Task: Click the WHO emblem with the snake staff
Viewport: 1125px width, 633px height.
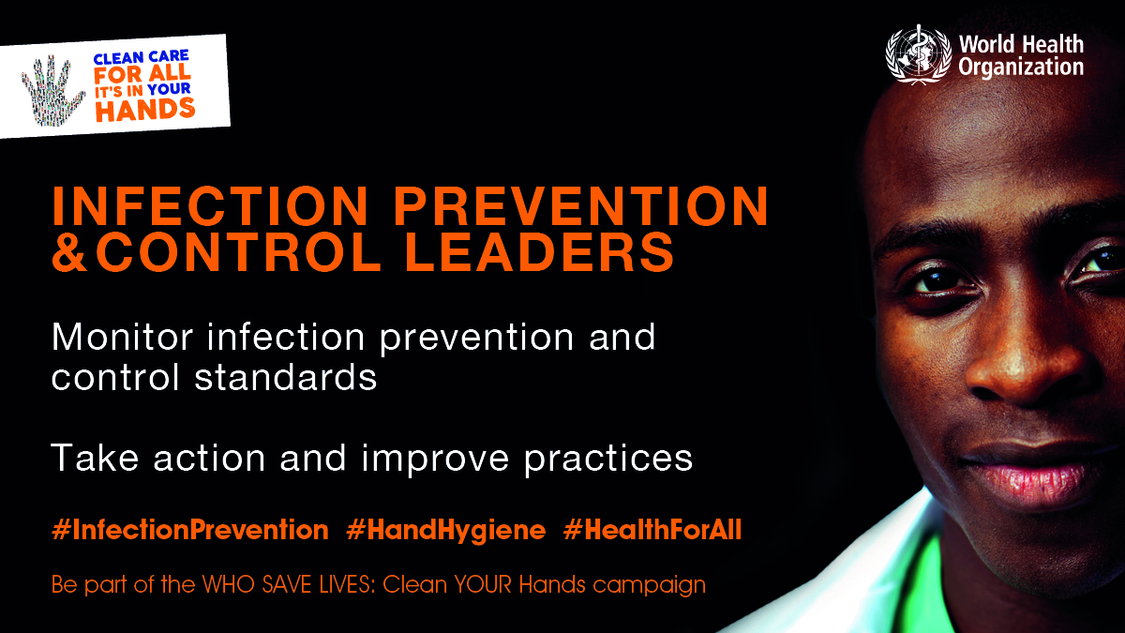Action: [x=918, y=54]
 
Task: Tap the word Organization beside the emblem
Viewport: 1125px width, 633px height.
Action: [x=1021, y=68]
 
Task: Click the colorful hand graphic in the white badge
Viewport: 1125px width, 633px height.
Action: [x=52, y=90]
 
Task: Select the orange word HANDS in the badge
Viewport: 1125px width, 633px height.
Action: [x=145, y=110]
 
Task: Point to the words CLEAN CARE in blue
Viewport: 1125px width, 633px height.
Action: [x=142, y=57]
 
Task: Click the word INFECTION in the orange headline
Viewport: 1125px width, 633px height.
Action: [x=210, y=206]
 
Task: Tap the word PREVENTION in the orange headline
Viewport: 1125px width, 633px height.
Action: [x=580, y=206]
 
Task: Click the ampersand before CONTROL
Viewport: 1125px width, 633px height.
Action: [x=70, y=252]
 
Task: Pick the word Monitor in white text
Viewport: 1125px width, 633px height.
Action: [x=122, y=337]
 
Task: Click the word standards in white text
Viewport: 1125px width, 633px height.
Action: [x=285, y=377]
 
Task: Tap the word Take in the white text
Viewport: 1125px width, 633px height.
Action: [x=95, y=458]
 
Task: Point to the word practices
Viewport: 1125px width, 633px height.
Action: [x=608, y=460]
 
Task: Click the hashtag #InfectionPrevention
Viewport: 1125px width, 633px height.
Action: [x=190, y=530]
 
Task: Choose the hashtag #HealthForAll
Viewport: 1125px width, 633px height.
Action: [x=652, y=530]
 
